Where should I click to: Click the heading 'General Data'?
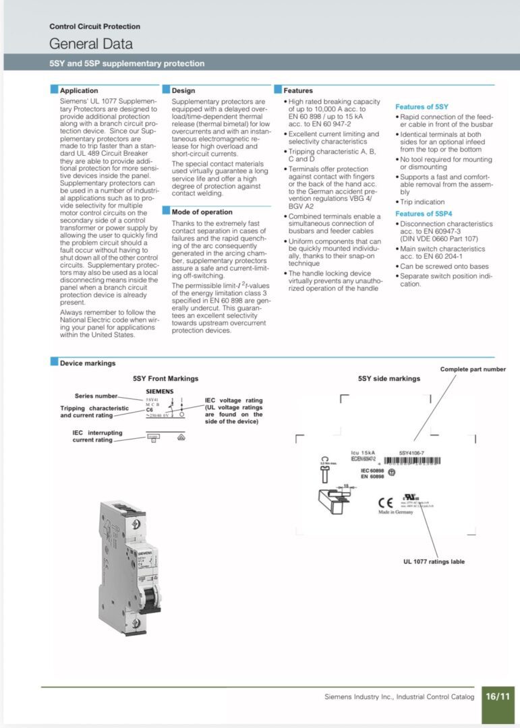point(91,44)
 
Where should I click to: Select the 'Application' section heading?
point(79,90)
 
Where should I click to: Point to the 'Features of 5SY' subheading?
point(422,107)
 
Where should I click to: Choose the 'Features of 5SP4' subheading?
point(424,214)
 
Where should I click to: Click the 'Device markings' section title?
point(88,363)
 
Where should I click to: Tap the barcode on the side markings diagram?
point(412,462)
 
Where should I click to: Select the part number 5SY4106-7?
point(411,453)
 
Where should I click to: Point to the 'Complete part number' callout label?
point(473,369)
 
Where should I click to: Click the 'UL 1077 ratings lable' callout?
point(434,562)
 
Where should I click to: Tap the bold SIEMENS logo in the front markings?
point(160,391)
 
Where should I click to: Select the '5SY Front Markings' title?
point(165,379)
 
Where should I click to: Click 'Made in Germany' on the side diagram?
point(395,512)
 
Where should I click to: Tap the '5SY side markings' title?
point(388,379)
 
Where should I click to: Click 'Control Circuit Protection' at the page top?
point(94,26)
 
